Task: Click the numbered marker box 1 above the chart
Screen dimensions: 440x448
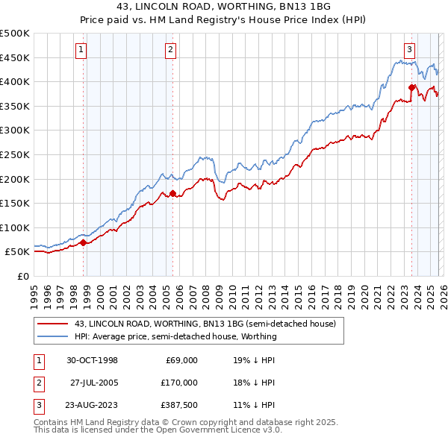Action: coord(81,50)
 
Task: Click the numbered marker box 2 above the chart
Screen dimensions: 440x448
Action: coord(170,50)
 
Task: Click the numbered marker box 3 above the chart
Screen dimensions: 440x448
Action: coord(409,50)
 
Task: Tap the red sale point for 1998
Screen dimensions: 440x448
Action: coord(83,242)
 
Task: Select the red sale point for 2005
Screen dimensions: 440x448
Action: coord(172,193)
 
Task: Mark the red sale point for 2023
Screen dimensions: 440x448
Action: coord(411,87)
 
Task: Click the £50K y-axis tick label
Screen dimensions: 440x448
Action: coord(17,252)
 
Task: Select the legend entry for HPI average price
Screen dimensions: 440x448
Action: coord(175,336)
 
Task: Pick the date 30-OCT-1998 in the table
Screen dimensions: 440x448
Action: coord(92,360)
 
